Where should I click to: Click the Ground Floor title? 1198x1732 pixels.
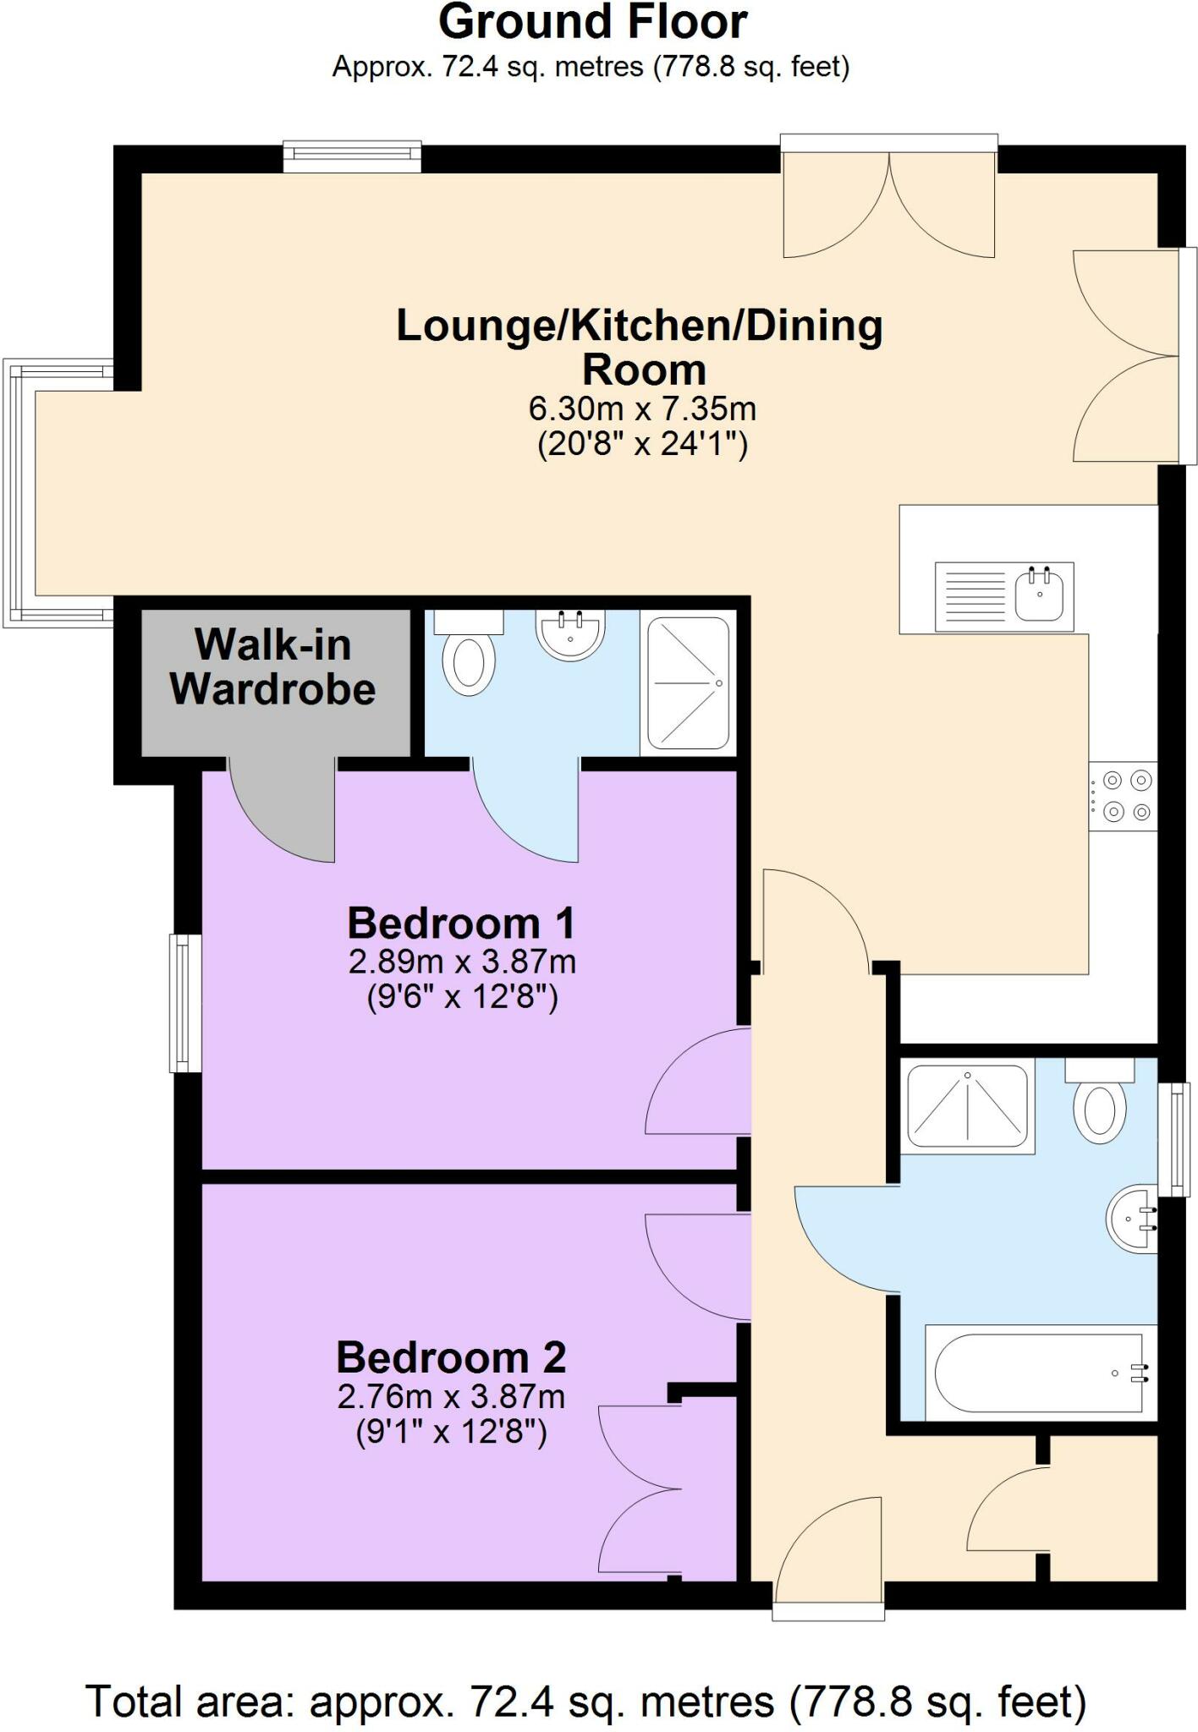tap(593, 23)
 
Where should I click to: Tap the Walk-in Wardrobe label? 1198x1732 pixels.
tap(272, 667)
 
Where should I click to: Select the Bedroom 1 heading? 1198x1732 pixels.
tap(461, 923)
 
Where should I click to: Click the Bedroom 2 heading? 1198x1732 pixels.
tap(451, 1357)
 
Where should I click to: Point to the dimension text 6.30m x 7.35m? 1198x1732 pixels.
tap(642, 408)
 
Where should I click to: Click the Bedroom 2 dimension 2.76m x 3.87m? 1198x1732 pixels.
tap(451, 1396)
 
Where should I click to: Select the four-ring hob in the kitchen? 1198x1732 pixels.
tap(1123, 796)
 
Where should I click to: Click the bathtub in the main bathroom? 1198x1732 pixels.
tap(1040, 1373)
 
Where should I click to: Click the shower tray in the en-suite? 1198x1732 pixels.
tap(687, 683)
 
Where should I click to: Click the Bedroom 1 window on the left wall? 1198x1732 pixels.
tap(185, 1003)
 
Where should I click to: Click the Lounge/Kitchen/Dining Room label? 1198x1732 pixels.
tap(640, 348)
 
